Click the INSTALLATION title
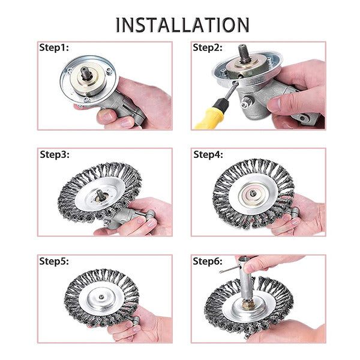[182, 25]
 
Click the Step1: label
[55, 47]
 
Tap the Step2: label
[208, 47]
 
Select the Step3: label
[55, 154]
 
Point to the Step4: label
[208, 154]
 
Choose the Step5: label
[55, 262]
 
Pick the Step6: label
[208, 262]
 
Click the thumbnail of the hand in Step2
[275, 104]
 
